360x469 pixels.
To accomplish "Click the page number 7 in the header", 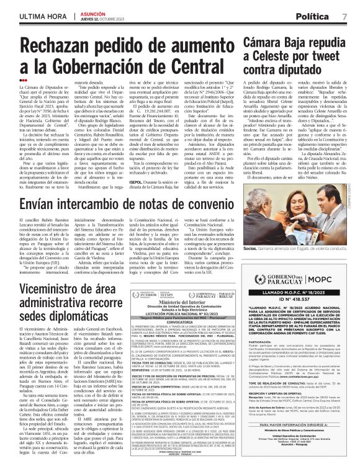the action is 344,15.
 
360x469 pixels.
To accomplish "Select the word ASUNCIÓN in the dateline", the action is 78,12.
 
